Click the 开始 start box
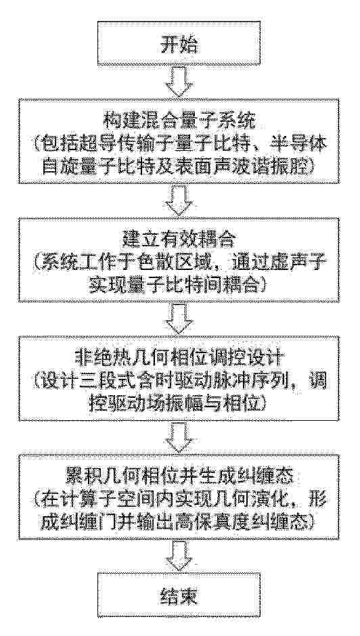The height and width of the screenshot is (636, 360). click(x=179, y=45)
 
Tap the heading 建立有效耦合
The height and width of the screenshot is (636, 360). click(x=179, y=241)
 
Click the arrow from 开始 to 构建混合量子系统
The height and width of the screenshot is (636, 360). click(x=179, y=83)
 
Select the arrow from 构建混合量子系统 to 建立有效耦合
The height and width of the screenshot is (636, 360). click(x=179, y=201)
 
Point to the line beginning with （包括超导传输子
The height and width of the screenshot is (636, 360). click(x=179, y=144)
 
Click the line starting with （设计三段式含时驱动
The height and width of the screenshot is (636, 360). click(x=179, y=382)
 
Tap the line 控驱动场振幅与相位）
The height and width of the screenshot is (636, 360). click(x=179, y=405)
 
